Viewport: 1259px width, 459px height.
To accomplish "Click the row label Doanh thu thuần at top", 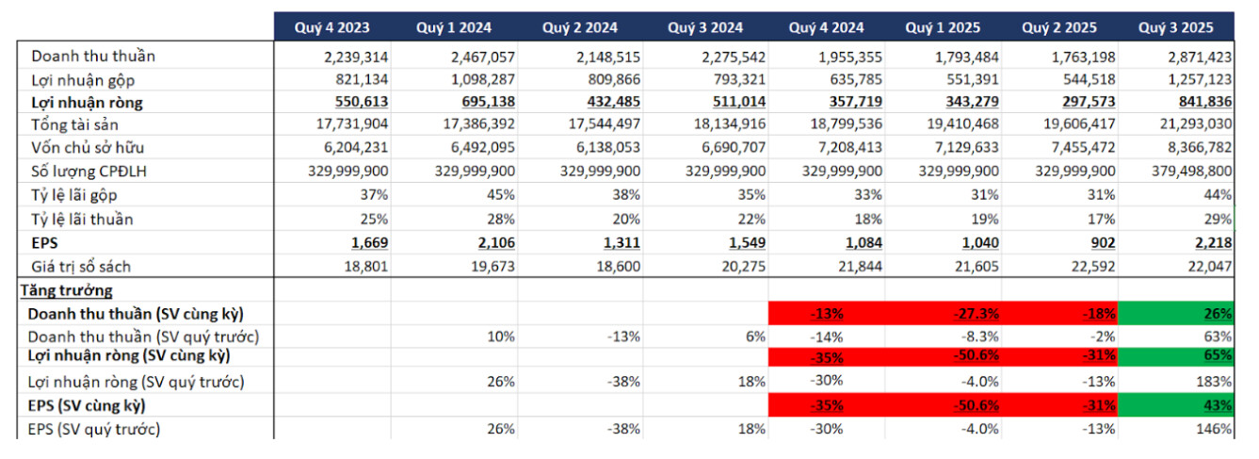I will pyautogui.click(x=93, y=56).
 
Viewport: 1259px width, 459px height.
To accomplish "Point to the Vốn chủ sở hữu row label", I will pyautogui.click(x=88, y=147).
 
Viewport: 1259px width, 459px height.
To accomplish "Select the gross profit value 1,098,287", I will pyautogui.click(x=476, y=79).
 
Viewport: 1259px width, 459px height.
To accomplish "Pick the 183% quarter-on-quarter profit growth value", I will pyautogui.click(x=1215, y=383).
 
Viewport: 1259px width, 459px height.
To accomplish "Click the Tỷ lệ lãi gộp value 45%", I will pyautogui.click(x=499, y=194).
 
